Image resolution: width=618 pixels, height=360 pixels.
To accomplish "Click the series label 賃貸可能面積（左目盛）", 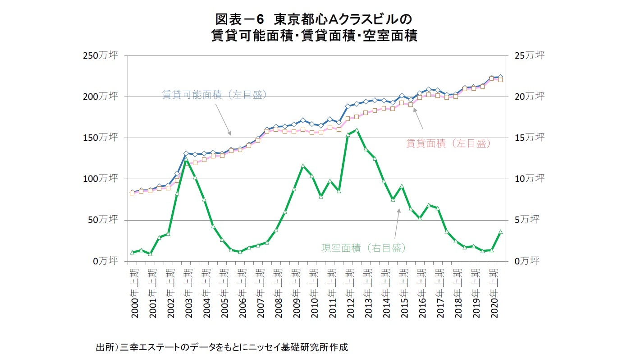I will click(215, 95).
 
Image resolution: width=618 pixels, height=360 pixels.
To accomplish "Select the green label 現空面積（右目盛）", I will click(363, 248).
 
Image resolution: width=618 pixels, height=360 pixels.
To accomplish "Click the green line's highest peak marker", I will click(357, 130).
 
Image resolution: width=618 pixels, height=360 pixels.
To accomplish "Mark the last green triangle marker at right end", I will click(500, 232).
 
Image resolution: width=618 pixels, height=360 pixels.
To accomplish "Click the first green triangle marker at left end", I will click(132, 252).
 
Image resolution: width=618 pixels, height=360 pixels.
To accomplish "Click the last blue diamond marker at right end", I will click(500, 77).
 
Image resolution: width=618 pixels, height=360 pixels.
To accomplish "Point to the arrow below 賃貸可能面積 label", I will click(224, 120).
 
